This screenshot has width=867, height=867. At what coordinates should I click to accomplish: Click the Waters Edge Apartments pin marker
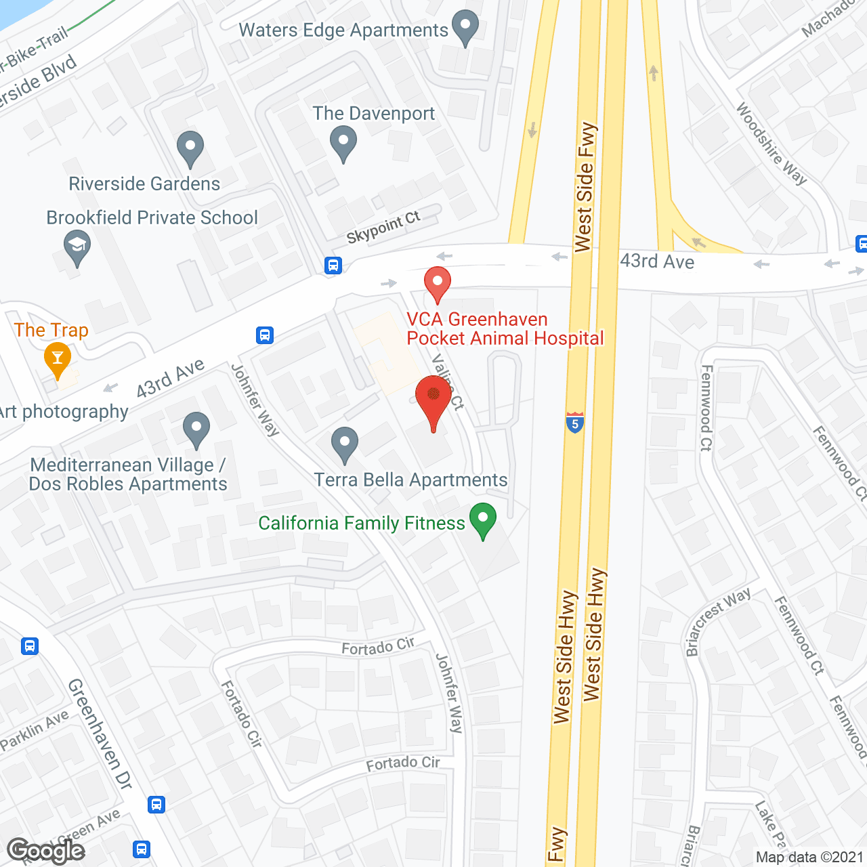point(465,28)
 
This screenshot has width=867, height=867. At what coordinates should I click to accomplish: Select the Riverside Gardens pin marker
point(190,148)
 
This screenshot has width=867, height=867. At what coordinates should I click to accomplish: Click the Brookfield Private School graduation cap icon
point(77,248)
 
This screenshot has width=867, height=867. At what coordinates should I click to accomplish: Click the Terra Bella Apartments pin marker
point(345,444)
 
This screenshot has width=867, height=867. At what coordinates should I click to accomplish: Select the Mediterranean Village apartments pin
point(196,429)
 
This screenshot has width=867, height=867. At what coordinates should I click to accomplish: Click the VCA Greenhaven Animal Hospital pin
point(438,284)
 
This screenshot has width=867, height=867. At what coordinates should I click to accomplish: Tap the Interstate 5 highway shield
point(575,423)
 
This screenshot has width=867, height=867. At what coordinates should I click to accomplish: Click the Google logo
point(46,851)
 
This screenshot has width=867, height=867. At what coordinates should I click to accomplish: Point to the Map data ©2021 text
point(809,857)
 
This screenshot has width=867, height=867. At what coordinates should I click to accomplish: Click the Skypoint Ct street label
point(383,227)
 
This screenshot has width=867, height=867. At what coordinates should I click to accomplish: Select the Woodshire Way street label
point(771,144)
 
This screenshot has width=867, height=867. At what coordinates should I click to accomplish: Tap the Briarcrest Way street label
point(717,622)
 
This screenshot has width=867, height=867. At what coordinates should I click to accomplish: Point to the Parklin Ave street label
point(35,730)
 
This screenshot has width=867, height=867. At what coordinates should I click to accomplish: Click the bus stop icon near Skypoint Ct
point(333,265)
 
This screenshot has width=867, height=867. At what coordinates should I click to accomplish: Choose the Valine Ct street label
point(448,382)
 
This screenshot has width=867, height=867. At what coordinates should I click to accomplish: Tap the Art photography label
point(64,412)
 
